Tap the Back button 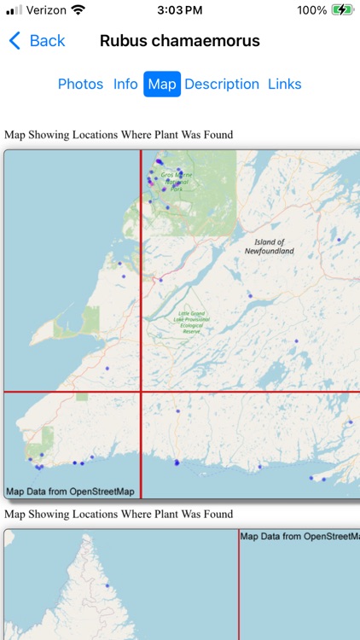(x=37, y=41)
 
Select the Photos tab (x=80, y=84)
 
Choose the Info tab (x=125, y=84)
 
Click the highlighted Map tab (x=162, y=84)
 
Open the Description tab (x=222, y=84)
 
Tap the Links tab (x=285, y=84)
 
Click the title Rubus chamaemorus (x=180, y=41)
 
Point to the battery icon (x=343, y=10)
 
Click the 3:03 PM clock (x=180, y=10)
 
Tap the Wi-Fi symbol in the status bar (x=78, y=10)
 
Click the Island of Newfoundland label (x=269, y=247)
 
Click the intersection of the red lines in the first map (x=141, y=392)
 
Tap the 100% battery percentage (x=312, y=10)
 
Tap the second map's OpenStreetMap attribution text (x=299, y=536)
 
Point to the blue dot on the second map (x=107, y=585)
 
